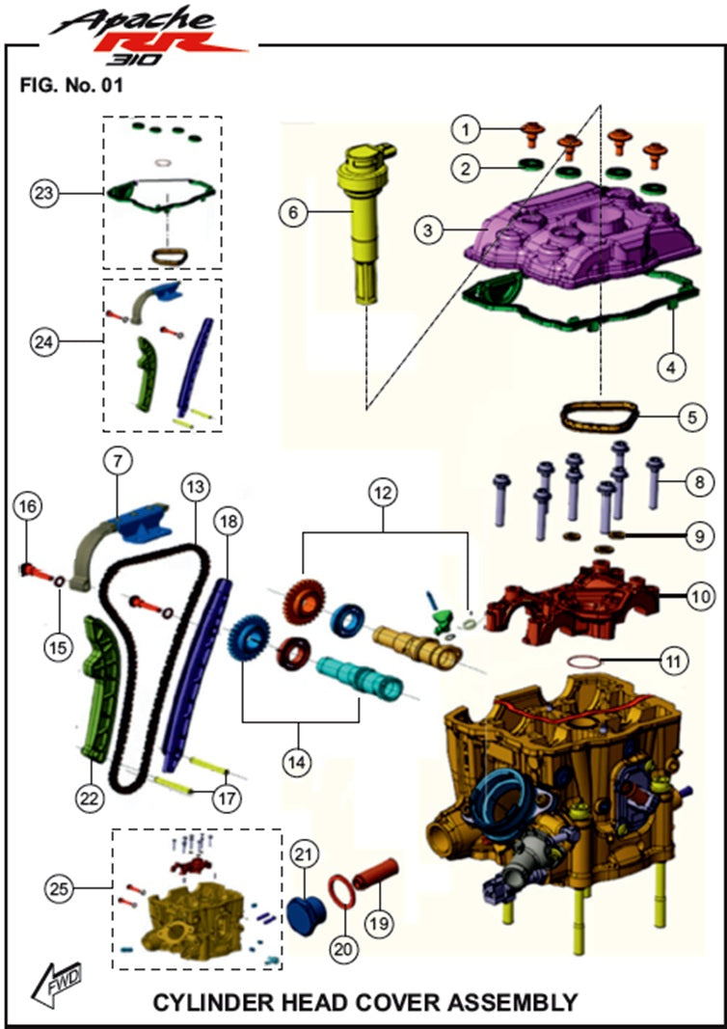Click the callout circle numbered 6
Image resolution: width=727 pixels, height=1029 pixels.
click(287, 211)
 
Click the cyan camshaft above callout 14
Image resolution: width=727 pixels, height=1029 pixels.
click(365, 676)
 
